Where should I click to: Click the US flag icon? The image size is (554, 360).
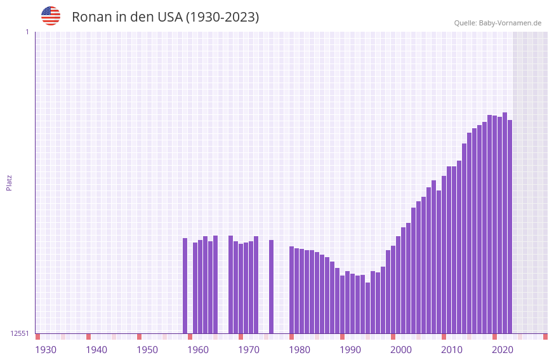[51, 16]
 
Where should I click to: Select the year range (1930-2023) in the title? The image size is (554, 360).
[221, 17]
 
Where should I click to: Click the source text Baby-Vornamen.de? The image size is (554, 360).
[510, 23]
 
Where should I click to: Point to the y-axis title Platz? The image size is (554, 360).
[9, 182]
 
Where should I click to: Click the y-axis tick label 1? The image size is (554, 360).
[27, 32]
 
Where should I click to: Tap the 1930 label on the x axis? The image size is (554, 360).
[46, 350]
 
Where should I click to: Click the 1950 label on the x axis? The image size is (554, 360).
[147, 350]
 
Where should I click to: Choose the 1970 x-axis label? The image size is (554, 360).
[249, 350]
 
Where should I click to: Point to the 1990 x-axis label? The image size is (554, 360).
[350, 350]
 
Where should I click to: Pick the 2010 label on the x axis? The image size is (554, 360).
[452, 350]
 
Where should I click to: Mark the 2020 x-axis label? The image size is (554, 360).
[503, 350]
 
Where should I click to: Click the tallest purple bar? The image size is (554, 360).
[505, 222]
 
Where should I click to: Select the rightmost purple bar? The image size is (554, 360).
[510, 226]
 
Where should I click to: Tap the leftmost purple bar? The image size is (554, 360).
[185, 286]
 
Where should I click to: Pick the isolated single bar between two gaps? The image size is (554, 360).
[271, 286]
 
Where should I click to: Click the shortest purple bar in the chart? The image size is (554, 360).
[367, 308]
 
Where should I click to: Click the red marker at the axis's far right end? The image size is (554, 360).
[545, 337]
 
